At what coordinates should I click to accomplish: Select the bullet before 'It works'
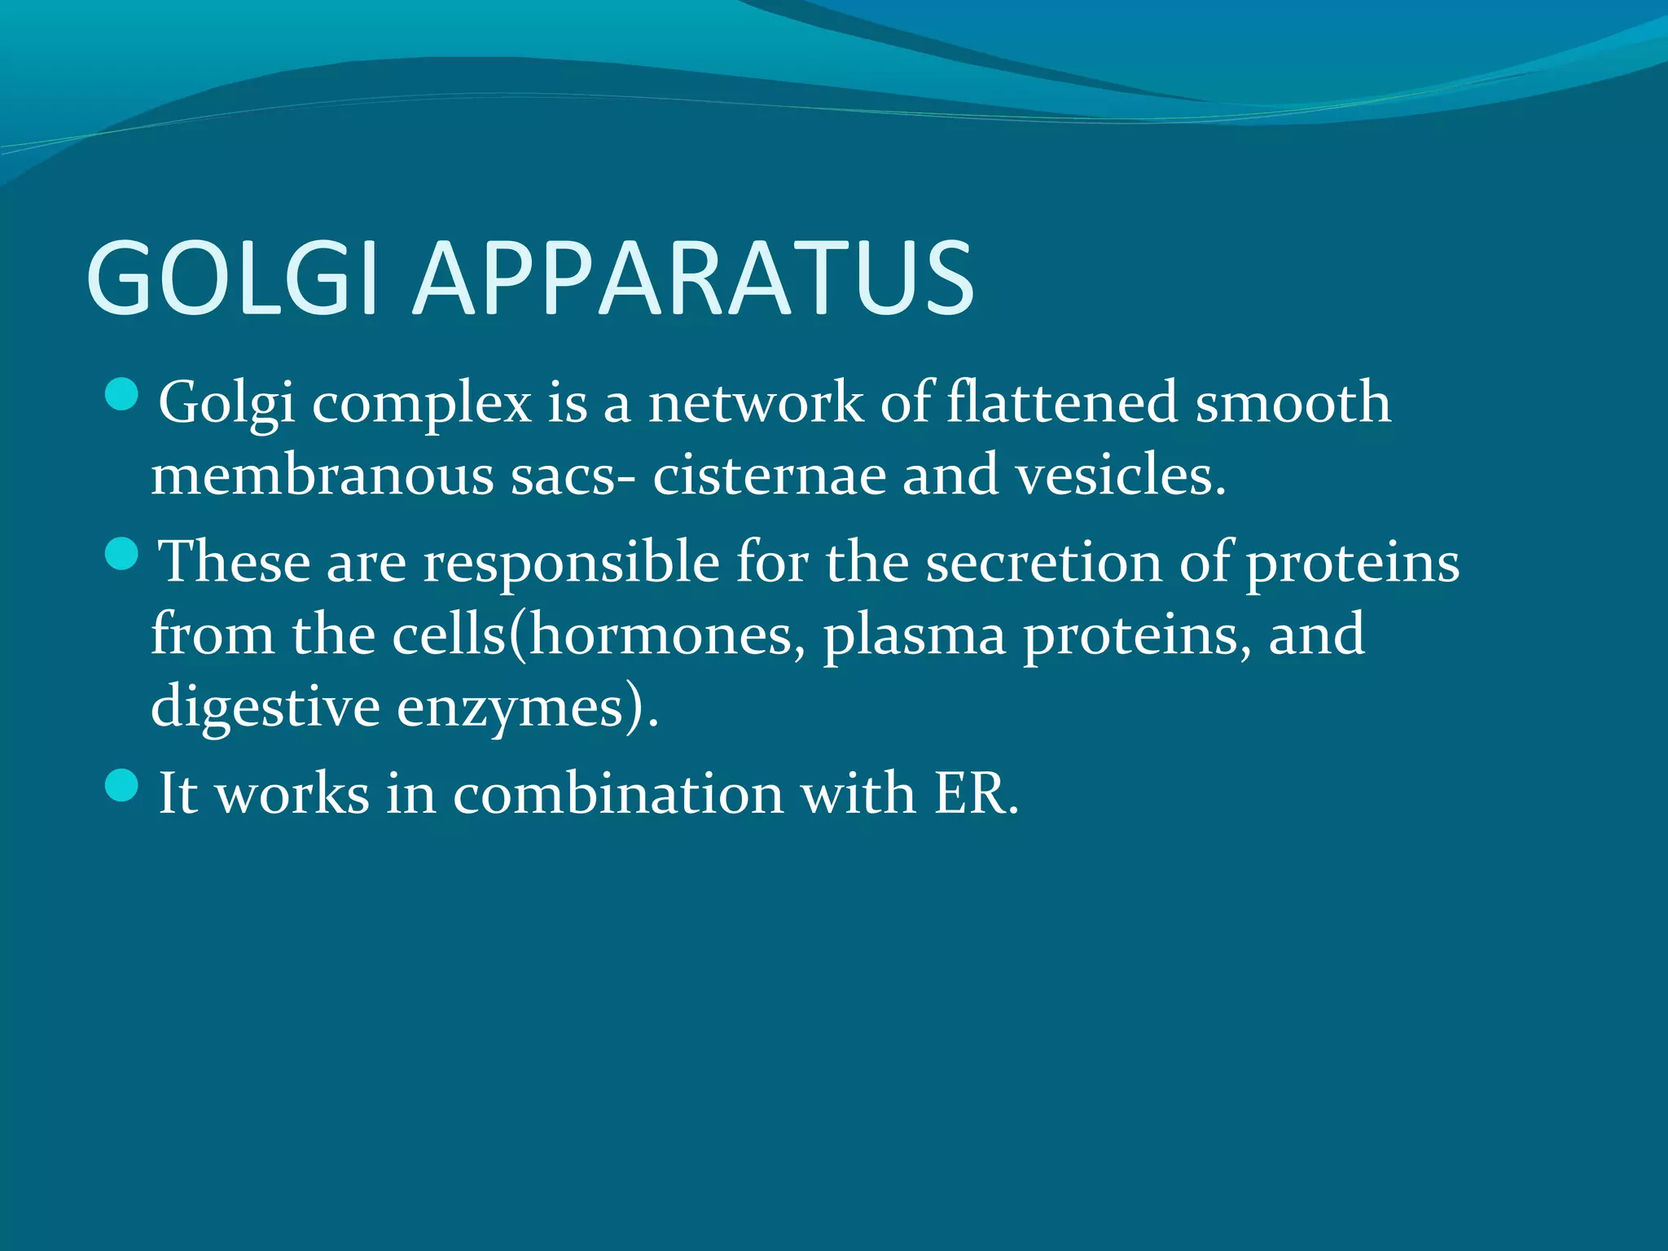(x=122, y=786)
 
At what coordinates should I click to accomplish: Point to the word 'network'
(x=755, y=403)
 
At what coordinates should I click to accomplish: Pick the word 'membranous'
(x=322, y=475)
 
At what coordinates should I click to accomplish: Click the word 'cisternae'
(x=769, y=475)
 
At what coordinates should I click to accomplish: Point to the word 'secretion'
(x=1044, y=562)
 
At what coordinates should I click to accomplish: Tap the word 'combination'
(x=618, y=792)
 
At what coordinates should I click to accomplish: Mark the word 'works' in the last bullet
(x=292, y=792)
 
